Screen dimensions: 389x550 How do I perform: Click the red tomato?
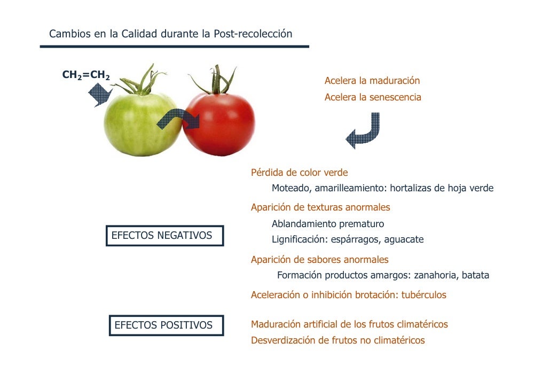coord(222,126)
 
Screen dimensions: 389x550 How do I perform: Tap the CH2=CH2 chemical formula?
coord(86,75)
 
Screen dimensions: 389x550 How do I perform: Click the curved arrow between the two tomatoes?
coord(178,119)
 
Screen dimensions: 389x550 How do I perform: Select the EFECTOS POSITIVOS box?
coord(163,325)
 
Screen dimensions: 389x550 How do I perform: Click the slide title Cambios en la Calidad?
coord(170,34)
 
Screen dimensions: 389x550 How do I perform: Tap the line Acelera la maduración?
coord(372,81)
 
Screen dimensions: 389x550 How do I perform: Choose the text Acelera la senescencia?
coord(373,97)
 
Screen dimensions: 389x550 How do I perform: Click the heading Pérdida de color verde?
coord(299,173)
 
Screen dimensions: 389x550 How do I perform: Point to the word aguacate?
coord(405,239)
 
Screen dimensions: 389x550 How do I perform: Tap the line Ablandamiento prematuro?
coord(327,224)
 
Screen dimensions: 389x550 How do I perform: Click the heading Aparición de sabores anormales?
coord(319,260)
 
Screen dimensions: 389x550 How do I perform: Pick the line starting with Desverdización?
coord(337,340)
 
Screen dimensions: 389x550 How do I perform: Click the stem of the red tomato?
coord(216,80)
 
